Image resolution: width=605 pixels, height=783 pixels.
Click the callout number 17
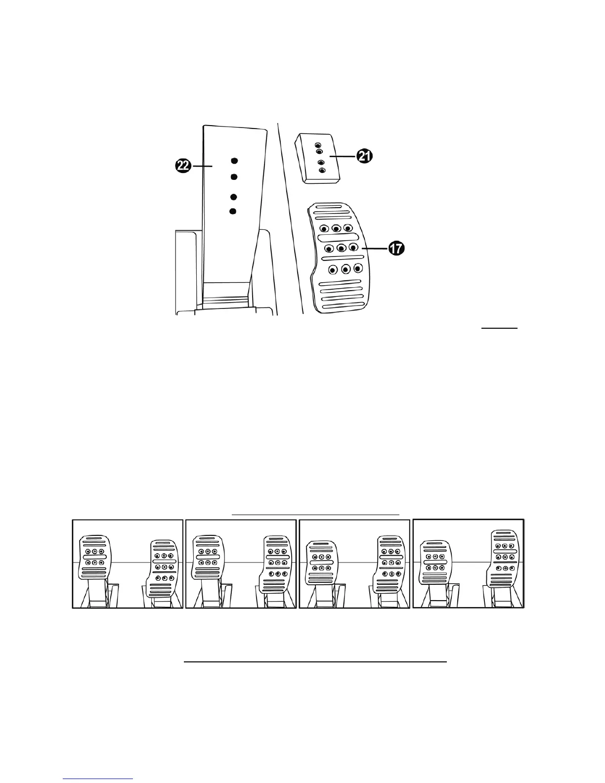(x=395, y=249)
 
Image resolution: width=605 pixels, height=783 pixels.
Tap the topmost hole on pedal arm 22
(x=234, y=161)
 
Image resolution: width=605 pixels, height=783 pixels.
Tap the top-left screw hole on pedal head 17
(x=324, y=229)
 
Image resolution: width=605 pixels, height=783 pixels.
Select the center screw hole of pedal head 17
(x=341, y=248)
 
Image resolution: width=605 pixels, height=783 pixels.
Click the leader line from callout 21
(x=343, y=156)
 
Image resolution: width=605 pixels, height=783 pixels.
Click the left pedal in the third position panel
(x=321, y=564)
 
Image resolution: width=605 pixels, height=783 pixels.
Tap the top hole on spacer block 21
(x=318, y=145)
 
